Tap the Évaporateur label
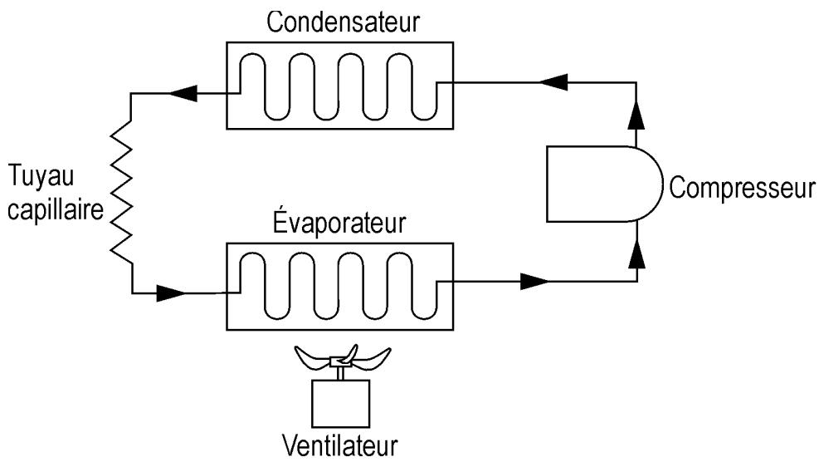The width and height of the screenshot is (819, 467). (x=339, y=224)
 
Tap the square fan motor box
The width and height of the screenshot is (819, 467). (x=339, y=404)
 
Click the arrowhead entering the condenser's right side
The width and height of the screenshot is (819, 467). (x=553, y=82)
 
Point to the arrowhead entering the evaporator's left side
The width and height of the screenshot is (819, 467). (x=171, y=292)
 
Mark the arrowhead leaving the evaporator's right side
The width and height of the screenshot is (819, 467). (x=535, y=282)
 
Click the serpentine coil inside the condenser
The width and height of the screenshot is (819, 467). (x=339, y=86)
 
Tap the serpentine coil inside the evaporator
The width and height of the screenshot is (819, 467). (x=339, y=285)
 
